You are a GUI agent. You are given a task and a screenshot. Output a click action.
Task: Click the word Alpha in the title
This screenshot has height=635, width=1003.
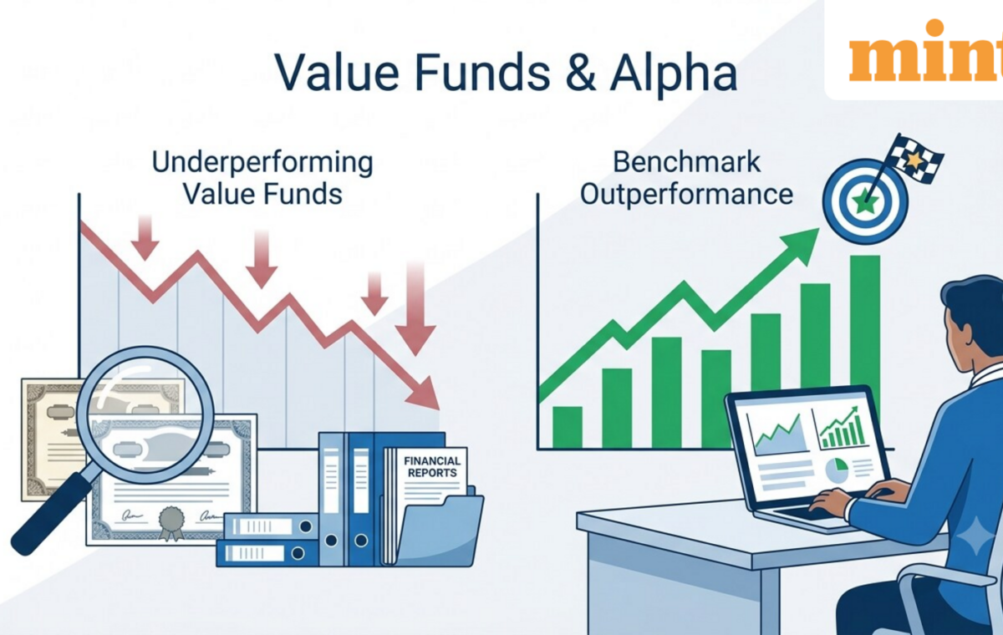coord(674,74)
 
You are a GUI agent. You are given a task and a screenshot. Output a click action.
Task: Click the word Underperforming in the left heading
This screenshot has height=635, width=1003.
coord(262,162)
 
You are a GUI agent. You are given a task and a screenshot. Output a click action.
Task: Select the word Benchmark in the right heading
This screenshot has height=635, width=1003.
coord(686,161)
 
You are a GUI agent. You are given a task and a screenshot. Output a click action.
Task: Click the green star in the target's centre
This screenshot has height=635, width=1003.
coord(865,202)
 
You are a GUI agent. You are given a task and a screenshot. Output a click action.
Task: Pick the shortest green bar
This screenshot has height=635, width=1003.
coord(568,427)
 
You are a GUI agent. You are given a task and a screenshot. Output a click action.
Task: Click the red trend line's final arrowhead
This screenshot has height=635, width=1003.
coord(422,394)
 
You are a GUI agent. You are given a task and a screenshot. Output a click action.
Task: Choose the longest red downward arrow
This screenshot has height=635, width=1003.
coord(415,309)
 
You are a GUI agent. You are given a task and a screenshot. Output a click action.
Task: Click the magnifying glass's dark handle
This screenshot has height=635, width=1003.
coord(49,516)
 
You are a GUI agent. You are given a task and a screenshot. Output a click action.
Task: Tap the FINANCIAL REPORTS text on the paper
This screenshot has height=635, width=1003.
coord(431,467)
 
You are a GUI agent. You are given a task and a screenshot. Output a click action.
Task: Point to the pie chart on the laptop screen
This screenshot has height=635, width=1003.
coord(837,470)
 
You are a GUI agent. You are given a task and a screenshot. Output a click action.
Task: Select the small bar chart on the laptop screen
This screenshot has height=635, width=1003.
coord(842,429)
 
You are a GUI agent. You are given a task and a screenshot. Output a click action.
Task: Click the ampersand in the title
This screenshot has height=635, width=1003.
coord(580,72)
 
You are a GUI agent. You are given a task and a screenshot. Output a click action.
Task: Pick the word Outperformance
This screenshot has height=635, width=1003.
coord(686,195)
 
